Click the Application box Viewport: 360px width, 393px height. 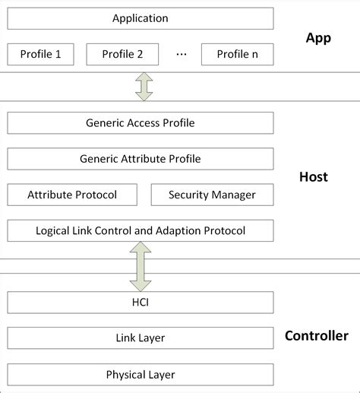[141, 18]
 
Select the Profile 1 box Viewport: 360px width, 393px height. [40, 54]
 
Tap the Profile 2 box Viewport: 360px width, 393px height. [122, 54]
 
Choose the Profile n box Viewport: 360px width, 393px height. [238, 54]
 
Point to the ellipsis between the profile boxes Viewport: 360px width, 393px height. [182, 54]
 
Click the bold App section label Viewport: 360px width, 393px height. [318, 38]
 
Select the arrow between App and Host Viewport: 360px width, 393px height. [144, 87]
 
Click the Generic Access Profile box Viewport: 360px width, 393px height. [141, 123]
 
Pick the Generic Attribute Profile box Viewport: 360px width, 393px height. [141, 159]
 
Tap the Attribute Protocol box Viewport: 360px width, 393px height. [72, 195]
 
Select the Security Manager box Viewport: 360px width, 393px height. [213, 195]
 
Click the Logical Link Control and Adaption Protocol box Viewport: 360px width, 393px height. [141, 230]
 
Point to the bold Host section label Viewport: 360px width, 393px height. [314, 177]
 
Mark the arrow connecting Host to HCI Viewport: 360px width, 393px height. [141, 267]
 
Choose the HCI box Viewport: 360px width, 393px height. [141, 303]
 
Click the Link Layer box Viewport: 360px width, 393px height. [141, 338]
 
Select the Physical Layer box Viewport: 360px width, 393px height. [141, 375]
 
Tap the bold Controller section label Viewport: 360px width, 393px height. [317, 336]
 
